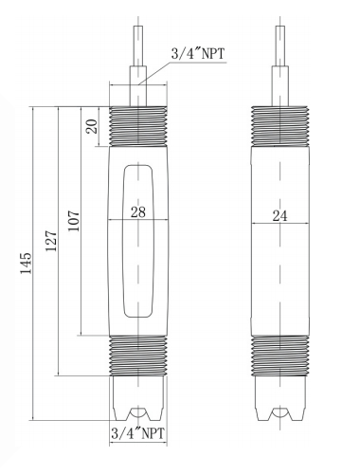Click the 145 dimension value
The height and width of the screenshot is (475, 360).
tap(26, 263)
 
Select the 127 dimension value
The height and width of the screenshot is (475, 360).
tap(51, 241)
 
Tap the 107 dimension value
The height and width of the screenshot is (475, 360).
tap(74, 221)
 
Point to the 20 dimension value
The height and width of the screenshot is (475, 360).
tap(92, 126)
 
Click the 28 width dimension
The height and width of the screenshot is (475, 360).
tap(138, 212)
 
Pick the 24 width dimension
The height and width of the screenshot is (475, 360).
tap(280, 216)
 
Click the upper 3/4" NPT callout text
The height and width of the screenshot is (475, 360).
tap(198, 53)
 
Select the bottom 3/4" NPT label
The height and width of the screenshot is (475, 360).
tap(138, 432)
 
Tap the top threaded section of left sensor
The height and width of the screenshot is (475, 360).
tap(138, 126)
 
